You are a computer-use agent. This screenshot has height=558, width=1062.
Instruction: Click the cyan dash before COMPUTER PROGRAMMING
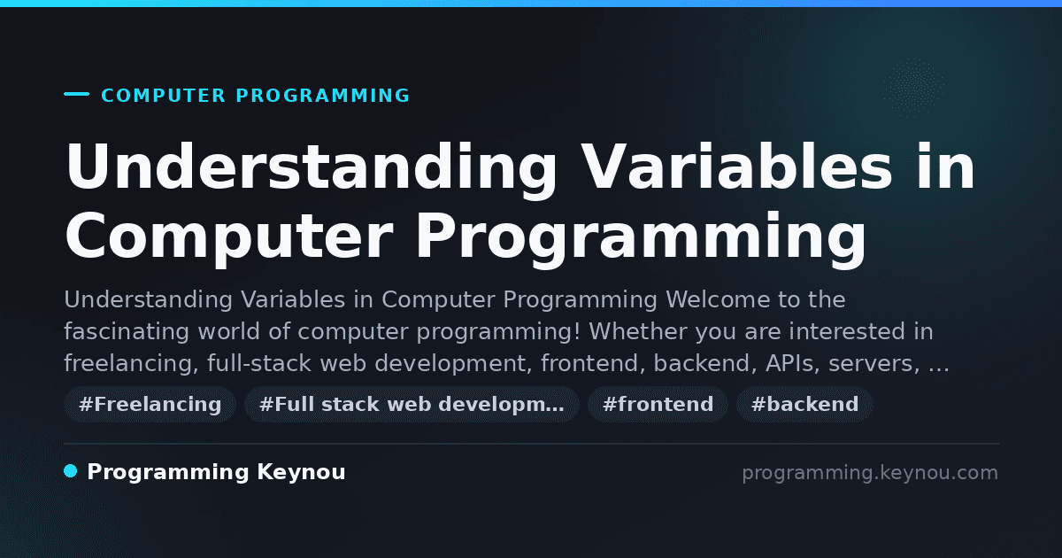pyautogui.click(x=76, y=94)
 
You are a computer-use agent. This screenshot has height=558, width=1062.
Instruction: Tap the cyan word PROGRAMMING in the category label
pyautogui.click(x=323, y=96)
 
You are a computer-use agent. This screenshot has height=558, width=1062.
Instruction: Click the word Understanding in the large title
pyautogui.click(x=311, y=168)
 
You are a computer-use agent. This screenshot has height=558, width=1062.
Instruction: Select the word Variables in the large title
pyautogui.click(x=736, y=167)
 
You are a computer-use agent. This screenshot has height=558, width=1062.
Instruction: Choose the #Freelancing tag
pyautogui.click(x=150, y=404)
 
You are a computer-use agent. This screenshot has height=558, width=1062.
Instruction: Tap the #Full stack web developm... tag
pyautogui.click(x=412, y=404)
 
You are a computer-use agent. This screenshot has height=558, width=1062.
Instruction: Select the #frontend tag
pyautogui.click(x=658, y=404)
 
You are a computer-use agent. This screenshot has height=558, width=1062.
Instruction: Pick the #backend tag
pyautogui.click(x=804, y=404)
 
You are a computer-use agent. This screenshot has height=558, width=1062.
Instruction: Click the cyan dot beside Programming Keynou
pyautogui.click(x=70, y=471)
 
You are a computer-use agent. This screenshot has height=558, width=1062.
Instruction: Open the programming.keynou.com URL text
pyautogui.click(x=870, y=473)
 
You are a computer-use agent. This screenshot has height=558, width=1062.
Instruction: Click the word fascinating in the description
pyautogui.click(x=127, y=331)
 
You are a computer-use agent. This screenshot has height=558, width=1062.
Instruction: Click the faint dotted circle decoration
pyautogui.click(x=914, y=88)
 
